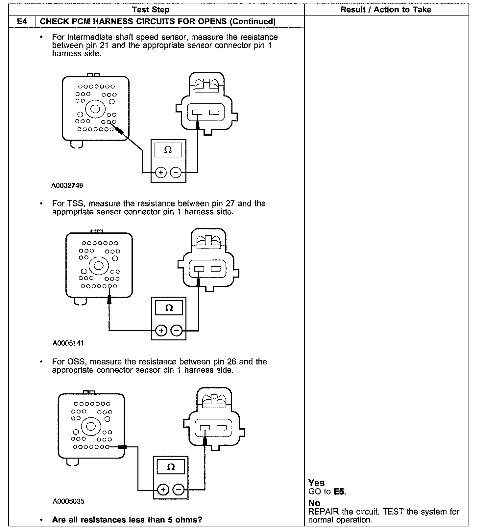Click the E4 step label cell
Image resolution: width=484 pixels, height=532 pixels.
(22, 22)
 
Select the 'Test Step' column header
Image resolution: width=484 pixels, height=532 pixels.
(151, 10)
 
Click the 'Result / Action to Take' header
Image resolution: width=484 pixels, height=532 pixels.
(386, 10)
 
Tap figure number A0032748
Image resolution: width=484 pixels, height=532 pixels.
(67, 185)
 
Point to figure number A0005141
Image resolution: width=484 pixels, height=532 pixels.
(68, 343)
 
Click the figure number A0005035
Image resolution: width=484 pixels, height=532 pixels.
(68, 501)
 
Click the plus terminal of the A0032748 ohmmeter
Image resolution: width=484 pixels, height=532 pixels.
(161, 172)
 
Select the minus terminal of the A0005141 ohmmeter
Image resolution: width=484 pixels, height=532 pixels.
(177, 330)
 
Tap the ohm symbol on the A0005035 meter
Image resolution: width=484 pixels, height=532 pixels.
(171, 467)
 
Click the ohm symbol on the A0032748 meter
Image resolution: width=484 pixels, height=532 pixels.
(168, 150)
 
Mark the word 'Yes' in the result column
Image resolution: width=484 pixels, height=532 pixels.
(316, 483)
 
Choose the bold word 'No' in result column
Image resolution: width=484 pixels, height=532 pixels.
(314, 503)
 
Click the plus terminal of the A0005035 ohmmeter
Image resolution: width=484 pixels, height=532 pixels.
(163, 490)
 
